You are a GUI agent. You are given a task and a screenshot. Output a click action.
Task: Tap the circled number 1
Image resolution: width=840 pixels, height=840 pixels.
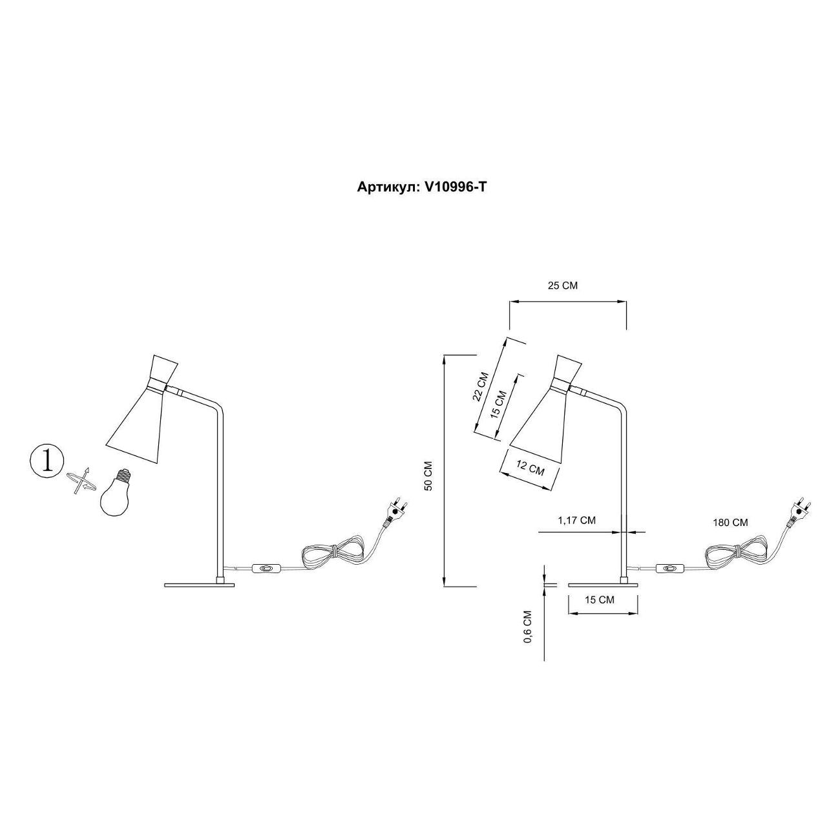click(47, 461)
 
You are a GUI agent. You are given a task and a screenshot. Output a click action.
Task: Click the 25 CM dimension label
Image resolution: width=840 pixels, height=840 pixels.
click(562, 286)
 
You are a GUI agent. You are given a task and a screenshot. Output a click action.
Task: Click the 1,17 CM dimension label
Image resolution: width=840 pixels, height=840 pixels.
click(576, 520)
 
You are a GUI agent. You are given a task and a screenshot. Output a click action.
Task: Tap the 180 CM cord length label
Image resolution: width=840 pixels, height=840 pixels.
click(730, 523)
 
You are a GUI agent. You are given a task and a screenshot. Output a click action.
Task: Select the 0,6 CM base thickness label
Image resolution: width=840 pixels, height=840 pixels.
click(528, 626)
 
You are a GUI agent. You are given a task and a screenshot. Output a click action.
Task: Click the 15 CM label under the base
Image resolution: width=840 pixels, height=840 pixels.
click(599, 600)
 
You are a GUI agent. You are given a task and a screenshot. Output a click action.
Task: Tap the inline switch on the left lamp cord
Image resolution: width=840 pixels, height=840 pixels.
click(265, 569)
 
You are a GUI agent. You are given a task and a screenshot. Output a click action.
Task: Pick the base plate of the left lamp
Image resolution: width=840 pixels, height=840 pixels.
click(199, 585)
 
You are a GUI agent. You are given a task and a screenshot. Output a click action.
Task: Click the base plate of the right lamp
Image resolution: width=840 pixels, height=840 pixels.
click(602, 585)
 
